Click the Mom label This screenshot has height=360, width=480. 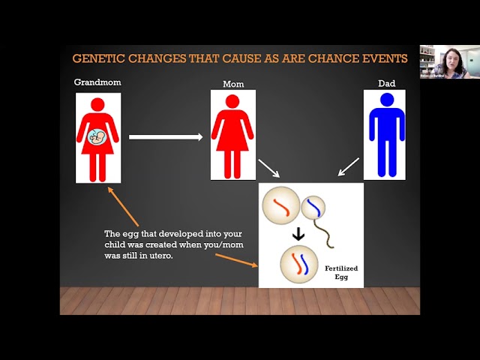coord(233,84)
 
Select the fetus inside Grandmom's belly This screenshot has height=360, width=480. coord(97,136)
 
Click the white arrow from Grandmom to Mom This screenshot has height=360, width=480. coord(166,136)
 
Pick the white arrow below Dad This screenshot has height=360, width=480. coord(349,166)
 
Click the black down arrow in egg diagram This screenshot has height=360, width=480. coord(298,234)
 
